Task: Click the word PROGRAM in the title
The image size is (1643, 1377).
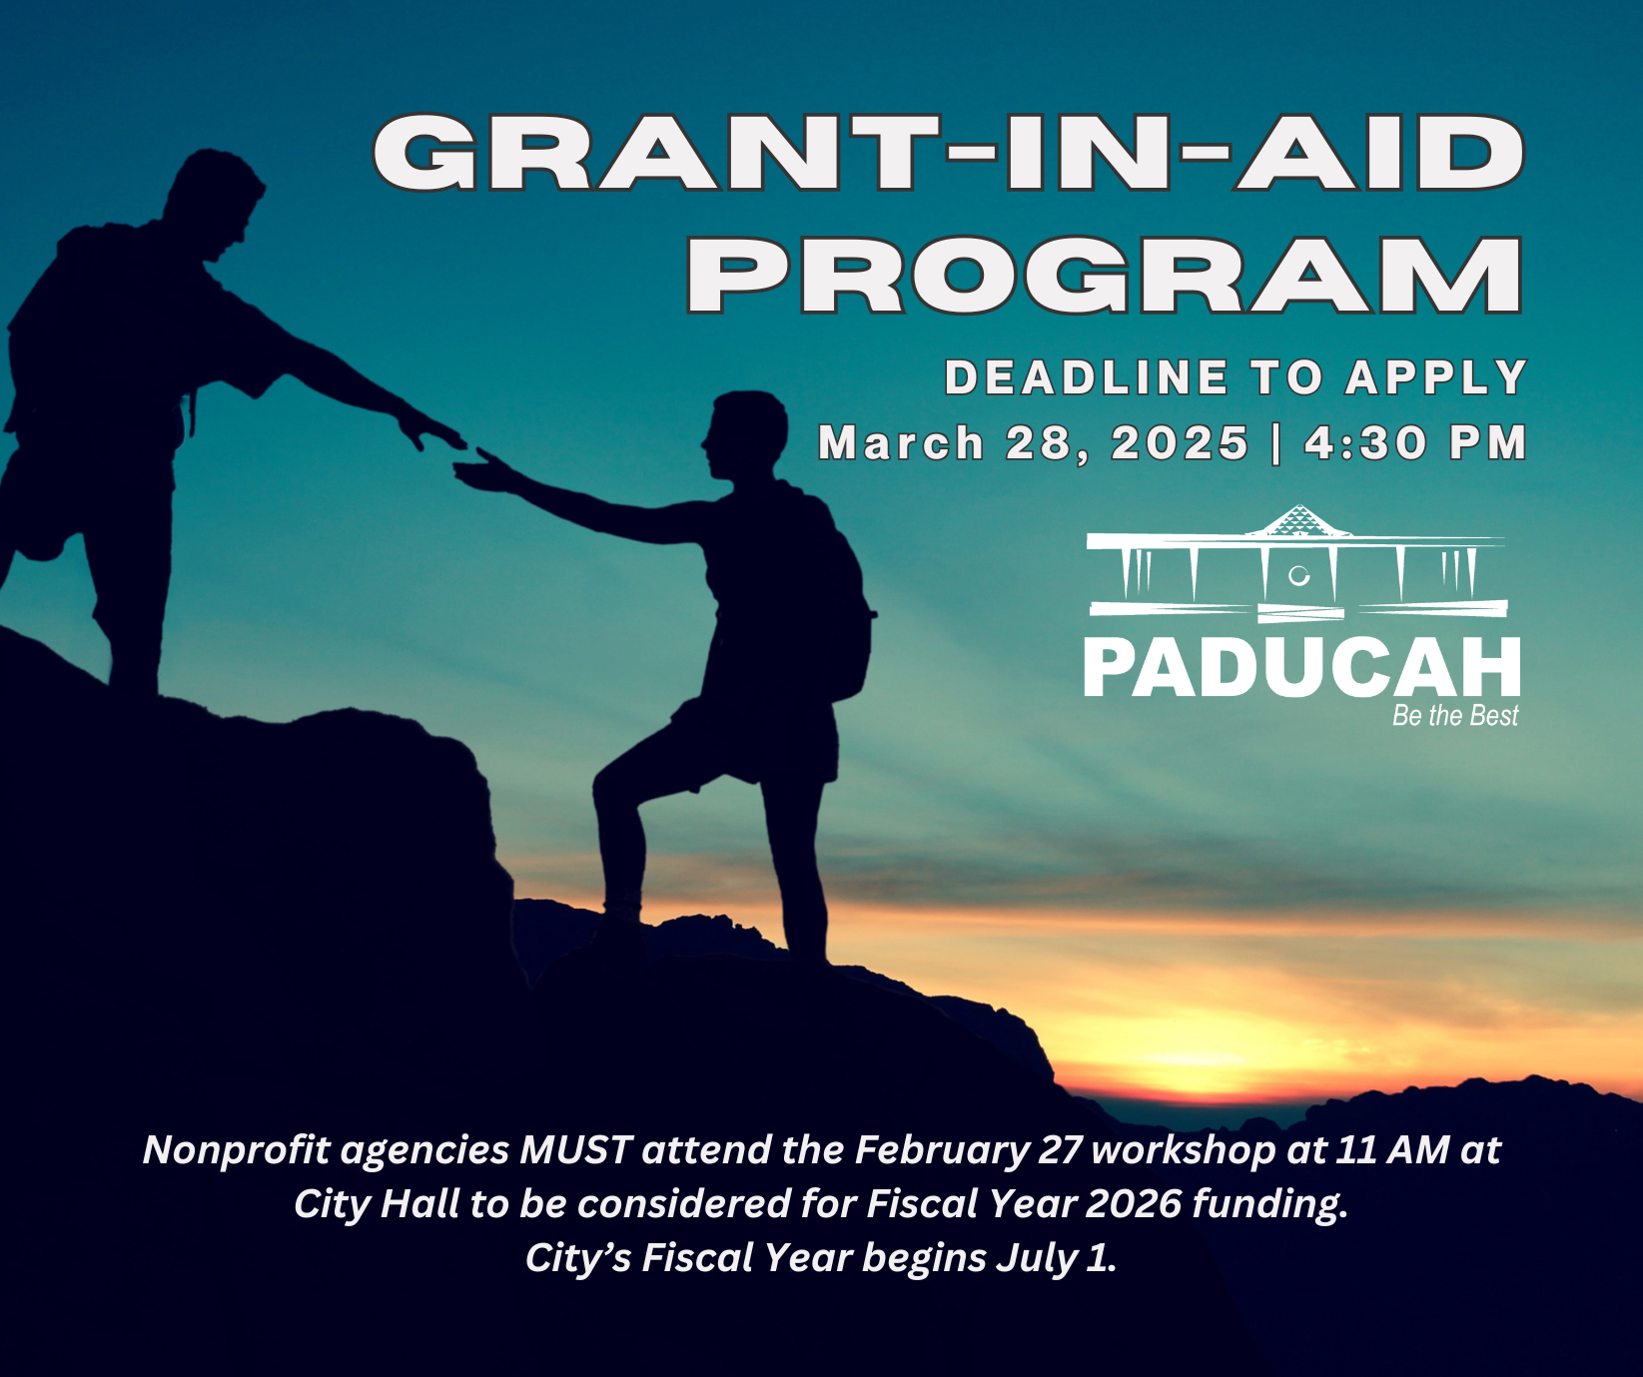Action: pyautogui.click(x=1104, y=275)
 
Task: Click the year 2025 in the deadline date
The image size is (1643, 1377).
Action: pyautogui.click(x=1180, y=443)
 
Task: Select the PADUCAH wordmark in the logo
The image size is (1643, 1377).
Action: pyautogui.click(x=1301, y=668)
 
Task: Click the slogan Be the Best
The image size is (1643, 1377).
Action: pyautogui.click(x=1454, y=716)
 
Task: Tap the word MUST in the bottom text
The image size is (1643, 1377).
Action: pyautogui.click(x=575, y=1150)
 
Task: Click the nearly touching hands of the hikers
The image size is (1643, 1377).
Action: pyautogui.click(x=461, y=454)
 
